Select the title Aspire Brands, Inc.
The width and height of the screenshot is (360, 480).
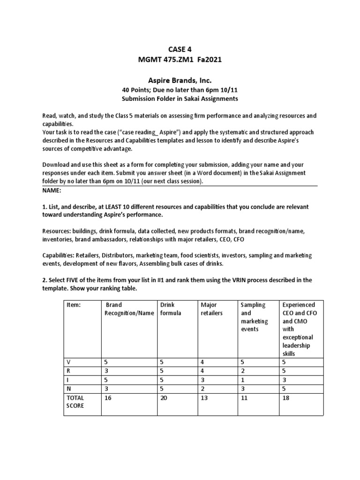click(x=180, y=80)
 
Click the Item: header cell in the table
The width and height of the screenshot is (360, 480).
click(x=74, y=305)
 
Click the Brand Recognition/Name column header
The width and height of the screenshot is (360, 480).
click(x=129, y=309)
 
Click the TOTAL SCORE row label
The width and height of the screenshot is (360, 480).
click(x=76, y=401)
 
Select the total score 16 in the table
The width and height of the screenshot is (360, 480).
click(x=109, y=397)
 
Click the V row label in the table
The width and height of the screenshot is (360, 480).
click(x=69, y=362)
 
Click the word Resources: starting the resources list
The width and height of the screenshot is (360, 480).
click(x=57, y=231)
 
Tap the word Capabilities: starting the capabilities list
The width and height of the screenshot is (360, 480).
click(x=60, y=255)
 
